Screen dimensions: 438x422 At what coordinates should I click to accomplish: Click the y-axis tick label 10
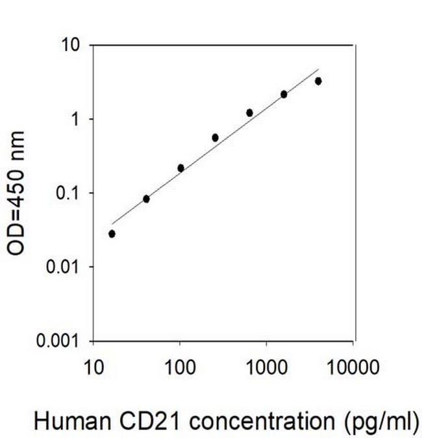pos(71,45)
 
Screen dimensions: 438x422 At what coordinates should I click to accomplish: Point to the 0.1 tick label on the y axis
pos(69,193)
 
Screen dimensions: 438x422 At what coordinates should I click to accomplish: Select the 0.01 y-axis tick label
pos(65,267)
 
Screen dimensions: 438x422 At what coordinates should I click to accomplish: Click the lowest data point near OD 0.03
pos(112,234)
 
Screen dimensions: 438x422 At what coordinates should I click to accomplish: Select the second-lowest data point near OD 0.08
pos(146,199)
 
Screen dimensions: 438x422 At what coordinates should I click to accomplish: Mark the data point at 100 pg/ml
pos(180,168)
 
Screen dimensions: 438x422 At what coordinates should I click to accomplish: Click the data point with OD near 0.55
pos(215,138)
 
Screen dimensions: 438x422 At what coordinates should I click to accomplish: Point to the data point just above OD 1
pos(249,112)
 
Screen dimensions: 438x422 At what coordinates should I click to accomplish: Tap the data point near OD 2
pos(284,94)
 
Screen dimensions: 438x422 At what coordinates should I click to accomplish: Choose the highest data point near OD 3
pos(318,81)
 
